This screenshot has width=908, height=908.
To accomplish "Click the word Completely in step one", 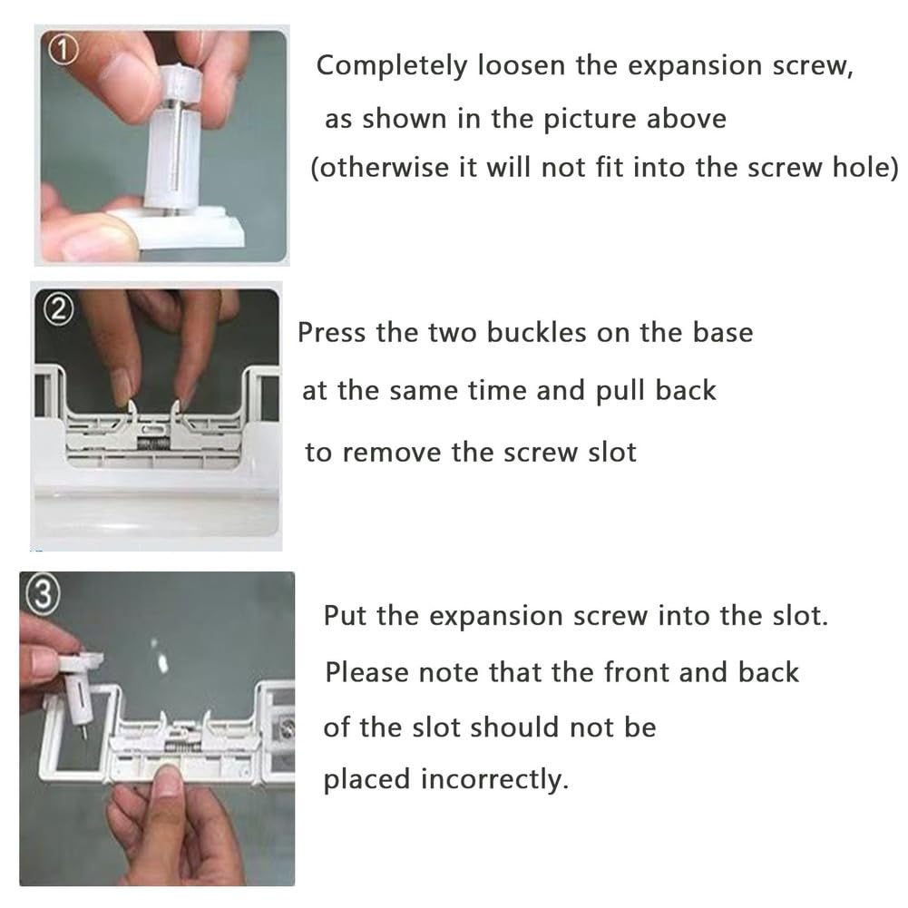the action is [391, 67].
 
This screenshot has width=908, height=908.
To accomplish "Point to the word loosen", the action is [521, 65].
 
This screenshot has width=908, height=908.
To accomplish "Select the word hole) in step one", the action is [864, 168].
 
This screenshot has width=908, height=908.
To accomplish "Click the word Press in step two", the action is [331, 333].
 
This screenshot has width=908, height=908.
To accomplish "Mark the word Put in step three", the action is [345, 616].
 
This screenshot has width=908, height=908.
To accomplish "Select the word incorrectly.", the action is [494, 779].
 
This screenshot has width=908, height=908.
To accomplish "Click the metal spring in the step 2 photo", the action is [153, 444].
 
